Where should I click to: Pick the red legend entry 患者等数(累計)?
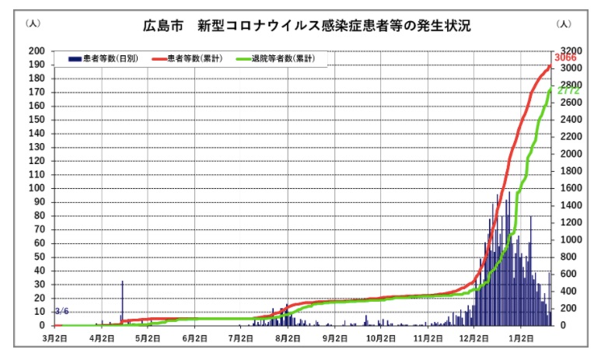[x=194, y=59]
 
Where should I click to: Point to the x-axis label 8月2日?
[x=288, y=339]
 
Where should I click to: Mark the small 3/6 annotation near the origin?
[x=62, y=312]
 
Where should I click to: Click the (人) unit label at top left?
[x=33, y=24]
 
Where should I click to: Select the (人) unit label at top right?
[x=564, y=24]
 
